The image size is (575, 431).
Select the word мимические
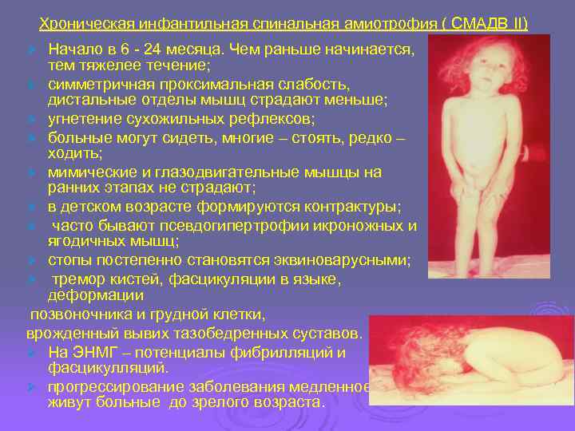[x=94, y=172]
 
